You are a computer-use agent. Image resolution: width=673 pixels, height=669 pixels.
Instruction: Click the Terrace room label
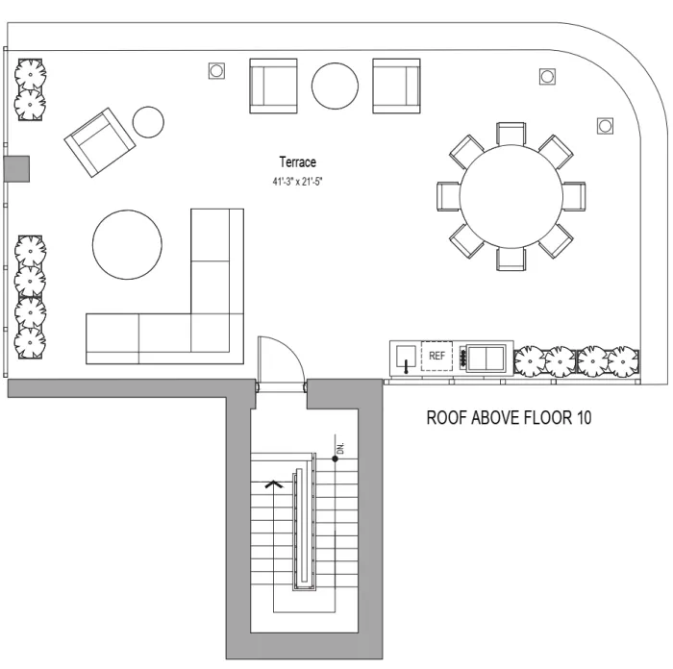(297, 162)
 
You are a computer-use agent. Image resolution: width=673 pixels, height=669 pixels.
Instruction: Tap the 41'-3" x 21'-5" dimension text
(297, 182)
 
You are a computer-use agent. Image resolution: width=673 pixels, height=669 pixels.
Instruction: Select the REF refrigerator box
(436, 356)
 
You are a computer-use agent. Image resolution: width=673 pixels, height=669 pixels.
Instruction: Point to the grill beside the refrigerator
(486, 358)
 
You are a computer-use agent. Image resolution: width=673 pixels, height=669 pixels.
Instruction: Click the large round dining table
(511, 196)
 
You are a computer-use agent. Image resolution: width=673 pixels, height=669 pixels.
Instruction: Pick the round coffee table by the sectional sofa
(127, 244)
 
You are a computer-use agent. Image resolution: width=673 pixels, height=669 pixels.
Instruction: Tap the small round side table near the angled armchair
(148, 122)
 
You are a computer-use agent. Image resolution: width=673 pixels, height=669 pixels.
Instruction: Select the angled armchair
(100, 142)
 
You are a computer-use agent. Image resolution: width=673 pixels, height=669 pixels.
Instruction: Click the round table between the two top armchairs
(335, 86)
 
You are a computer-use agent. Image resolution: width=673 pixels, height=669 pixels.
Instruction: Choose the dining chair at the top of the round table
(511, 134)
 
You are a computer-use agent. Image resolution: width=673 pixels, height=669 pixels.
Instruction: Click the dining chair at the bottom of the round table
(511, 259)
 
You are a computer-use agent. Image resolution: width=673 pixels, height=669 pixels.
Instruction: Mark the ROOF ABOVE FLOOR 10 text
(509, 417)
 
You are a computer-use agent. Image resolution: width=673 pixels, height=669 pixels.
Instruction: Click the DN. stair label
(340, 448)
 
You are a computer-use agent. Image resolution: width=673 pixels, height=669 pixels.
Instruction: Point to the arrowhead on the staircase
(273, 484)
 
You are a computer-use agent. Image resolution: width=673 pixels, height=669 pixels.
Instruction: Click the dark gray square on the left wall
(16, 169)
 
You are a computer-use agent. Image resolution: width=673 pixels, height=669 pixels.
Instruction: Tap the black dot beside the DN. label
(336, 458)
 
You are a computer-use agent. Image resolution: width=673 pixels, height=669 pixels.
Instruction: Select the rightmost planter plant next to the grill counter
(624, 361)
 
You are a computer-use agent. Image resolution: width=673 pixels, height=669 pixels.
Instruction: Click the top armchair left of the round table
(273, 86)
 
